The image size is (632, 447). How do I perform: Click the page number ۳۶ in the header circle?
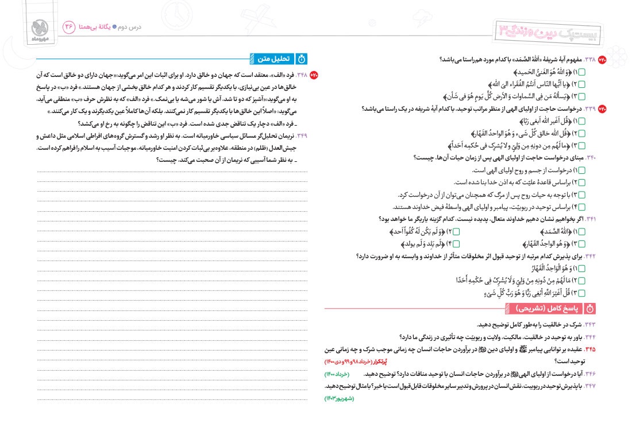70,27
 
